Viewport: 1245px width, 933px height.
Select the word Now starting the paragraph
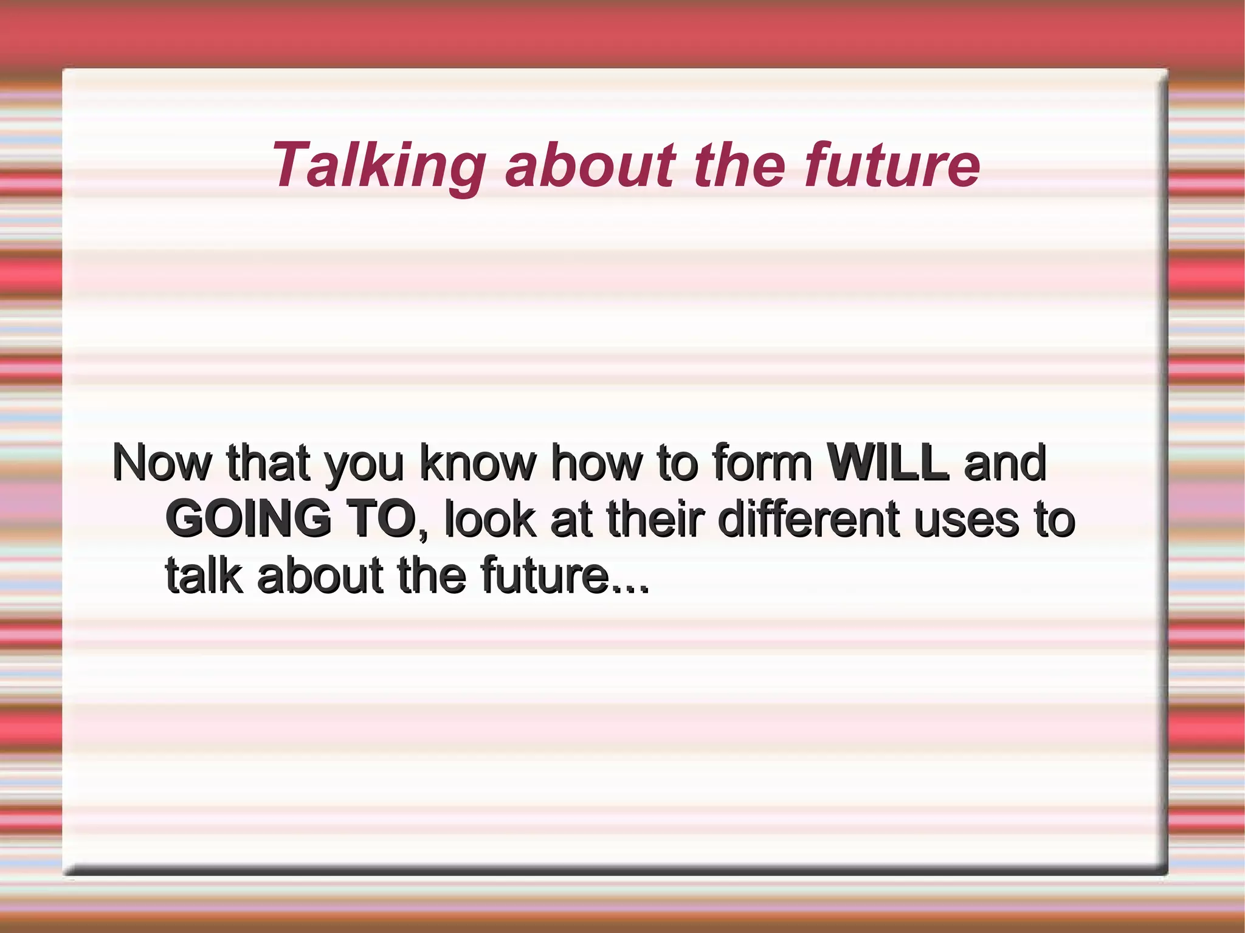pos(162,464)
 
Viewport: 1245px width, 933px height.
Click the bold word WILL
pos(888,464)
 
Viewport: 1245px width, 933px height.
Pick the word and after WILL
pos(1005,464)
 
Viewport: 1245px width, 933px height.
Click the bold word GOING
pos(248,520)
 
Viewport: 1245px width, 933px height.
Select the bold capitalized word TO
pos(381,520)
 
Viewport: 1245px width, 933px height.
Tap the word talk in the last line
pos(204,576)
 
